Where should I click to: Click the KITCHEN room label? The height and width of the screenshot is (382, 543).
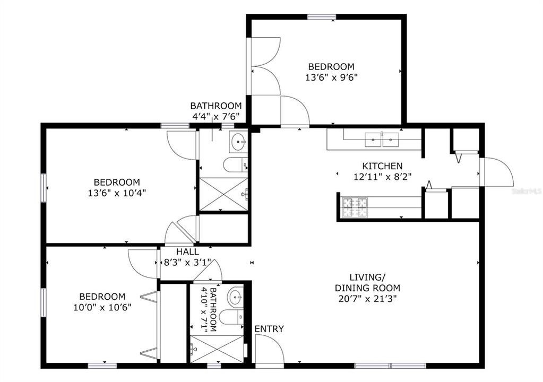[x=382, y=166]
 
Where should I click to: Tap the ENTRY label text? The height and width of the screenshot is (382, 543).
[x=269, y=329]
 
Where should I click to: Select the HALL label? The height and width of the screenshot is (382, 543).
[x=187, y=252]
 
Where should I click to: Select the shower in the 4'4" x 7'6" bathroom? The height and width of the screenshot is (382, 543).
[x=223, y=194]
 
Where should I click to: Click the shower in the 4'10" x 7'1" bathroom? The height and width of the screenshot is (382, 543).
[x=216, y=349]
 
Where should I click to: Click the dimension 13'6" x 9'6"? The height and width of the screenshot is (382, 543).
[x=331, y=77]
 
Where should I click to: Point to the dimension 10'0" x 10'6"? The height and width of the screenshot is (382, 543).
[x=102, y=307]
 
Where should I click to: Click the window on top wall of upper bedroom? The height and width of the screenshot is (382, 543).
[x=322, y=17]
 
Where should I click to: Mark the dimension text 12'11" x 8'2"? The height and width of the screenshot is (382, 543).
[x=382, y=176]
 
